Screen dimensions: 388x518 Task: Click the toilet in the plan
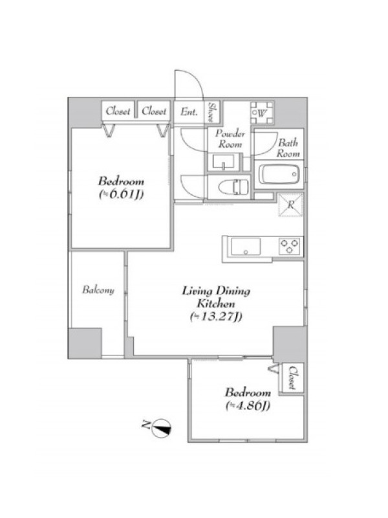tap(233, 186)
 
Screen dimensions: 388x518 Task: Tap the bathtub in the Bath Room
tap(279, 174)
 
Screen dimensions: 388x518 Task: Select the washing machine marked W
tap(262, 113)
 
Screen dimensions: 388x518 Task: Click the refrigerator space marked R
tap(290, 205)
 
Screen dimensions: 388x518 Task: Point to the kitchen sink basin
tap(246, 247)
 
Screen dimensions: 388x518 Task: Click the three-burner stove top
tap(289, 246)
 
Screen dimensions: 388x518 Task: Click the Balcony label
tap(98, 289)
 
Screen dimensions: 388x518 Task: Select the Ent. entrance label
tap(189, 111)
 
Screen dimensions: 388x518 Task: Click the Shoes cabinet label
tap(213, 111)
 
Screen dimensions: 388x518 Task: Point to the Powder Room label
tap(230, 139)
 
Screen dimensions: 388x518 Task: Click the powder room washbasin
tap(223, 163)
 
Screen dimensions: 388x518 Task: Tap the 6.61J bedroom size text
tap(122, 194)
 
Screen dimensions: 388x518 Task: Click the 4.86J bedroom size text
tap(248, 405)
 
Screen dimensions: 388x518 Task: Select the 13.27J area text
tap(216, 317)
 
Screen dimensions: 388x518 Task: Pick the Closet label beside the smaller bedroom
tap(292, 377)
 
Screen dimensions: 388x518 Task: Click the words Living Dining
tap(216, 291)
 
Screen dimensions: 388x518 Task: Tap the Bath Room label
tap(288, 148)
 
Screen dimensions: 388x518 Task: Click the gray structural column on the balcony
tap(85, 343)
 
